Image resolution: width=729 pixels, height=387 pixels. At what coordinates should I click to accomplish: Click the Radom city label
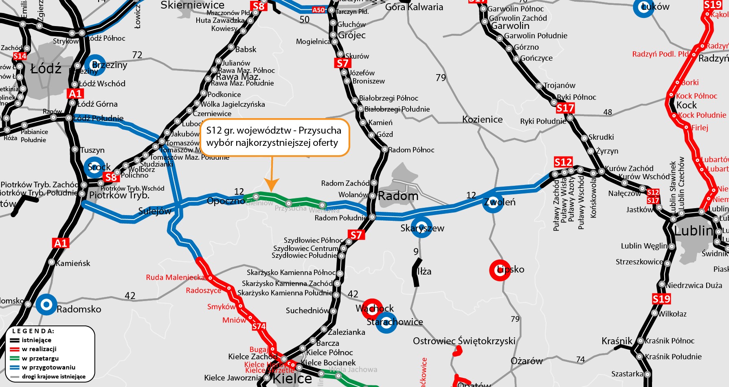pos(398,196)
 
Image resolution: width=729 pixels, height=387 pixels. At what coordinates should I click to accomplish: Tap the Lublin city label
pos(693,231)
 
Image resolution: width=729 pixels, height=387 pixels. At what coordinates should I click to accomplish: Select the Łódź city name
pos(46,68)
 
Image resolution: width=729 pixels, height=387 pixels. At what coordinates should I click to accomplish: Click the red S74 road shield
pos(259,326)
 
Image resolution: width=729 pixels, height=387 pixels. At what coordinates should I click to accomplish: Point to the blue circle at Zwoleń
pos(493,202)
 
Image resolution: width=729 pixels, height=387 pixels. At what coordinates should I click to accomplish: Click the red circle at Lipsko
pos(500,270)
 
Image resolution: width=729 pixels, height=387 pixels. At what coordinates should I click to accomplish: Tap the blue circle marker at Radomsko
pos(46,304)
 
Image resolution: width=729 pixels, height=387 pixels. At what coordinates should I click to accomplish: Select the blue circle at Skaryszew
pos(421,227)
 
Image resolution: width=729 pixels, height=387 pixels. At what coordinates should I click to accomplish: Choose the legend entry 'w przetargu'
pos(40,358)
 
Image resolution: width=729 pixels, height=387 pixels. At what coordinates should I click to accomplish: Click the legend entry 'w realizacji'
pos(39,349)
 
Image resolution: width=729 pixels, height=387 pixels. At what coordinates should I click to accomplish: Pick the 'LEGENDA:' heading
pos(33,331)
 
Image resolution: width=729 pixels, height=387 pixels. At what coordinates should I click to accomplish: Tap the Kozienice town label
pos(482,119)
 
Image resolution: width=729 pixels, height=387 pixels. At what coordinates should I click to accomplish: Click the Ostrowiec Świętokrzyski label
pos(464,341)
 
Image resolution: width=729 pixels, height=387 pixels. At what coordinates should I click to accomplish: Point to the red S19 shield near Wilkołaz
pos(661,299)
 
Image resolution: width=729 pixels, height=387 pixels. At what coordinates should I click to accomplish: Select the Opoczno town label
pos(226,201)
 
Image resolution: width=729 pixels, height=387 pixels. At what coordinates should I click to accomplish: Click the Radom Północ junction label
pos(411,150)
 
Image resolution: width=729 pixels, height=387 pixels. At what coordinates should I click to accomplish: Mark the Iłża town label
pos(424,271)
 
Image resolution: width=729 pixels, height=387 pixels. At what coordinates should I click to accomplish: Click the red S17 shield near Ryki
pos(565,108)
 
